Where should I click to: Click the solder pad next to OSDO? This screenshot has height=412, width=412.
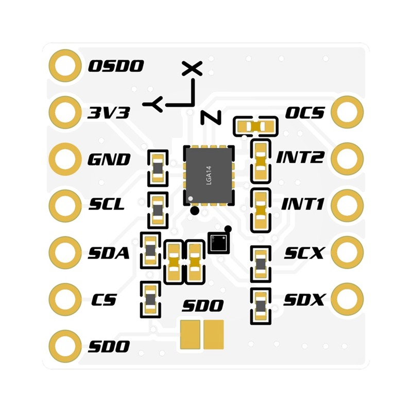(65, 66)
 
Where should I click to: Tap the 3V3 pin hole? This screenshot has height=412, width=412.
(65, 112)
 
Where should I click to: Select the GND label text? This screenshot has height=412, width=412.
(109, 159)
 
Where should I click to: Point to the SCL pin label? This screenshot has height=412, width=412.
(107, 204)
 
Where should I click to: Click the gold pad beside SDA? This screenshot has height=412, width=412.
(65, 252)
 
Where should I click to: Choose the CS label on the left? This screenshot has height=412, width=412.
(104, 300)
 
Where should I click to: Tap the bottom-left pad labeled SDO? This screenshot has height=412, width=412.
(65, 346)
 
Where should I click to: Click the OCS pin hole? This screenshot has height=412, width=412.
(347, 112)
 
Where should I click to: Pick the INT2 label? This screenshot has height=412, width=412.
(300, 157)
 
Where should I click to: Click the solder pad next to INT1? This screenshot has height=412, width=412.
(347, 205)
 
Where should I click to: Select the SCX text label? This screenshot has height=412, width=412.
(304, 253)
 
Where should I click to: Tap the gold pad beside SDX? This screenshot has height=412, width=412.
(347, 299)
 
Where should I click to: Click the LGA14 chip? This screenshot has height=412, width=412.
(209, 175)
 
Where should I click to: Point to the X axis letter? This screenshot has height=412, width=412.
(192, 68)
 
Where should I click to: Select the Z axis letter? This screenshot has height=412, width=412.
(211, 117)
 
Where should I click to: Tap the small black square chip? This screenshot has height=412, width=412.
(218, 243)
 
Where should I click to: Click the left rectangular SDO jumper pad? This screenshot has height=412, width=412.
(190, 334)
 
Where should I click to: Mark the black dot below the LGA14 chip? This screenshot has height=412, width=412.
(195, 211)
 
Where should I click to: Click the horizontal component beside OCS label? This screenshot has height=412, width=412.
(255, 127)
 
